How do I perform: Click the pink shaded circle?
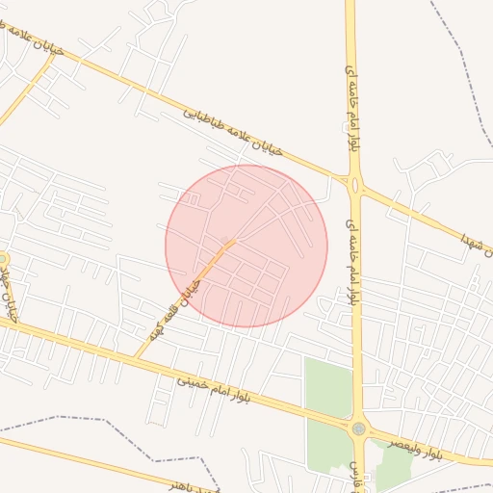[x=246, y=246]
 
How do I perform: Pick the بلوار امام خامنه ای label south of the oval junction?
[x=353, y=259]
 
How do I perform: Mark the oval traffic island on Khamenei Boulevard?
[x=355, y=185]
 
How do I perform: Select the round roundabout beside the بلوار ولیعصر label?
[x=359, y=428]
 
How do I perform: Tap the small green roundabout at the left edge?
[x=3, y=258]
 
